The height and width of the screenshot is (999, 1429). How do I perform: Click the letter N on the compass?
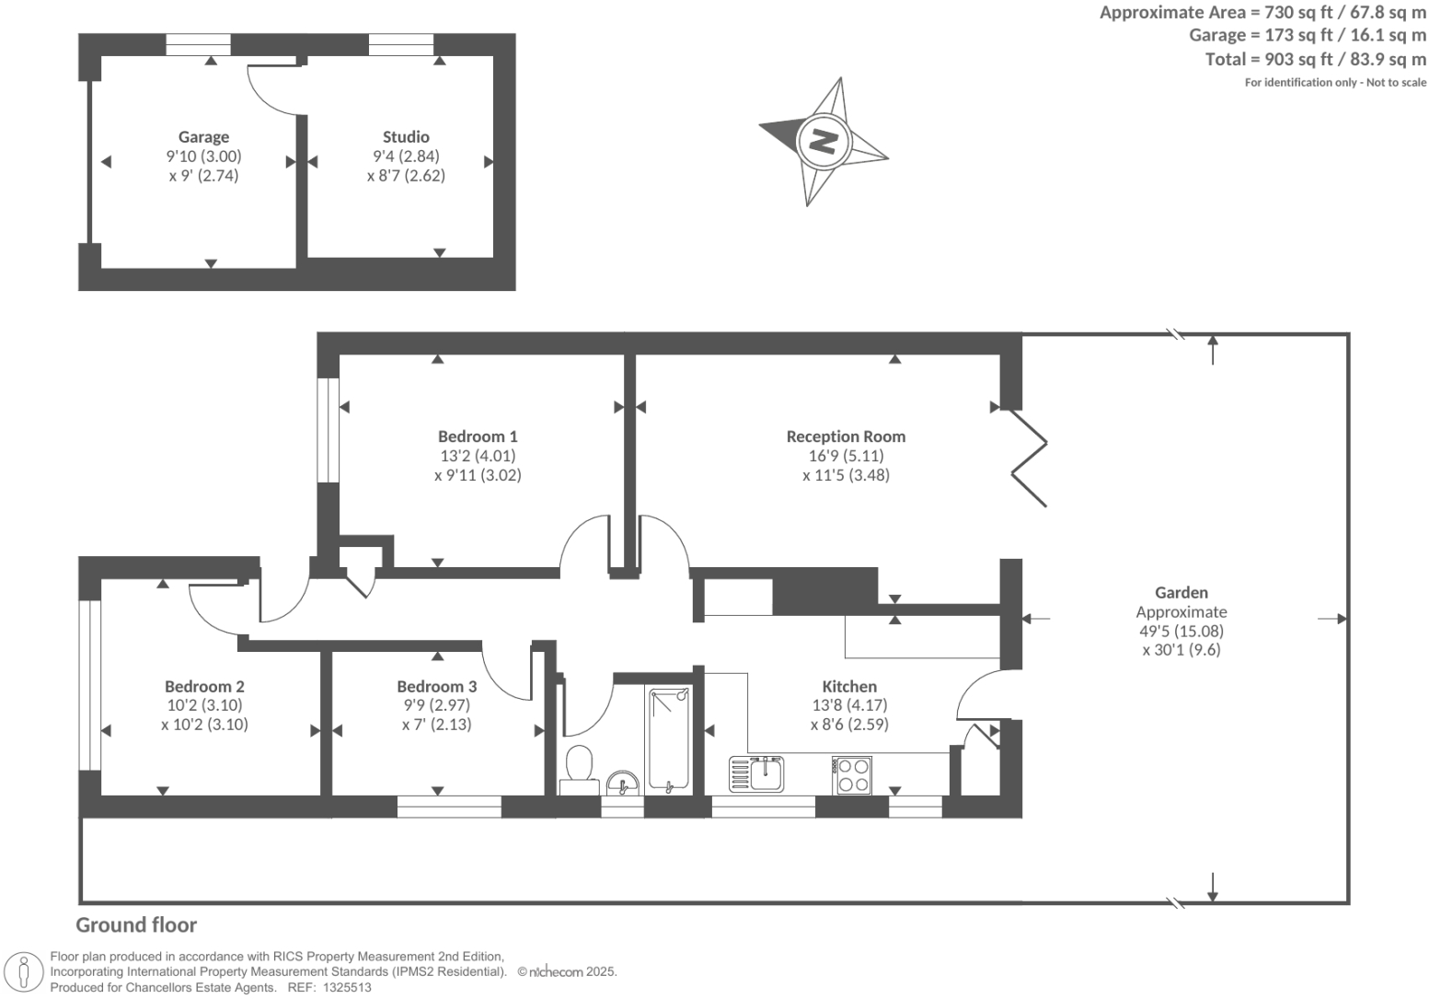[x=823, y=141]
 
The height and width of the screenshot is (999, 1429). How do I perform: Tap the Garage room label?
[x=203, y=136]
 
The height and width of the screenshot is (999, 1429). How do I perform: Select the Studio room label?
[x=406, y=136]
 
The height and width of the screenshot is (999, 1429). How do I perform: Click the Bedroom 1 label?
[x=478, y=436]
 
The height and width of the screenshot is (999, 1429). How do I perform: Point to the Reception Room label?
[x=846, y=436]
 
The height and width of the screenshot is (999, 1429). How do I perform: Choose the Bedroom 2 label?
[x=204, y=686]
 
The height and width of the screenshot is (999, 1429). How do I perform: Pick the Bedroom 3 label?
[x=436, y=686]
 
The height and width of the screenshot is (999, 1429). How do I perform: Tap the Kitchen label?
[x=849, y=686]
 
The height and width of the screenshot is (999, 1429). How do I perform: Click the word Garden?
[x=1181, y=592]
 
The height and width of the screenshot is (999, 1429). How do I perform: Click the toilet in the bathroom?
[x=580, y=769]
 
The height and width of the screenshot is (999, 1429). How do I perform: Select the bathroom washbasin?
[x=623, y=783]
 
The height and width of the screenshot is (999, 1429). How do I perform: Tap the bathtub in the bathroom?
[x=669, y=740]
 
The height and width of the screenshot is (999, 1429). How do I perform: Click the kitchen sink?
[x=756, y=773]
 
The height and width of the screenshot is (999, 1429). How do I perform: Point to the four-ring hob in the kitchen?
[x=852, y=775]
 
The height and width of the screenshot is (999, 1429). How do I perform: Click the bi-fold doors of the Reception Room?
[x=1029, y=458]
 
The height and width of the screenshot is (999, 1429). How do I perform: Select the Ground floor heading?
[x=136, y=925]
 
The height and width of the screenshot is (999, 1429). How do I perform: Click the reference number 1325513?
[x=347, y=988]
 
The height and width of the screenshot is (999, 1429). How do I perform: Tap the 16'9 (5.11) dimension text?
[x=846, y=456]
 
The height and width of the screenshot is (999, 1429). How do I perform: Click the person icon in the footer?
[x=24, y=973]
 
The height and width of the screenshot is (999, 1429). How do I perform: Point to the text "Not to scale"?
[x=1396, y=82]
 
